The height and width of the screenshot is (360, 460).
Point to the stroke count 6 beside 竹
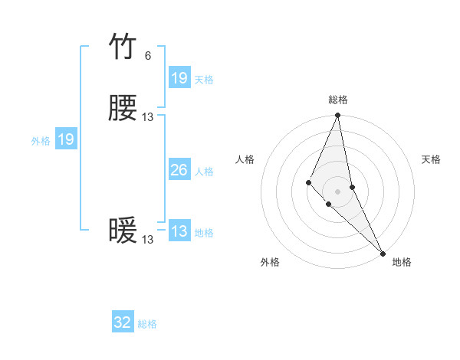click(147, 56)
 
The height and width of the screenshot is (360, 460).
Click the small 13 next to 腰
click(148, 117)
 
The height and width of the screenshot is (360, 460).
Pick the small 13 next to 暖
click(148, 240)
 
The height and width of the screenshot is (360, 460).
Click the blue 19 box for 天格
click(179, 78)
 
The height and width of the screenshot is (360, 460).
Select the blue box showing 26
click(179, 170)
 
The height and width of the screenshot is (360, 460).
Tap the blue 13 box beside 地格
click(179, 231)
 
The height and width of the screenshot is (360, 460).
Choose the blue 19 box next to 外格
click(66, 139)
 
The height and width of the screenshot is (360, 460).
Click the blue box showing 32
click(123, 322)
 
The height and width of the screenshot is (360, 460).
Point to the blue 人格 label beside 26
click(204, 172)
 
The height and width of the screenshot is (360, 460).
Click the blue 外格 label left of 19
click(41, 141)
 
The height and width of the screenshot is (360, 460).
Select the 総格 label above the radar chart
click(338, 100)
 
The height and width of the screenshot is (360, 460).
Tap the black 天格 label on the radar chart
click(432, 159)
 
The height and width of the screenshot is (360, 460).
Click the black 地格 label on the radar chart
click(402, 262)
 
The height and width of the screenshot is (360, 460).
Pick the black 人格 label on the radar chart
click(245, 159)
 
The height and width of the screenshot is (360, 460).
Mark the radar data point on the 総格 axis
click(338, 116)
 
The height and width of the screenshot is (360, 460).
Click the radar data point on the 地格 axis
click(383, 252)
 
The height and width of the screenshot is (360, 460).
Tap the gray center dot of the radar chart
click(338, 191)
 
